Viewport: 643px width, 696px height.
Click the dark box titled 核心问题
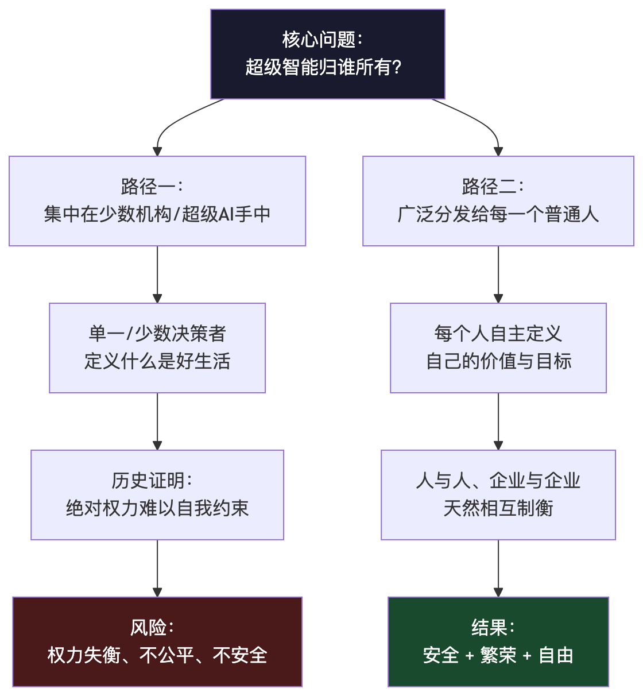(x=328, y=54)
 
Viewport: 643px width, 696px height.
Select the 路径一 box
(x=157, y=201)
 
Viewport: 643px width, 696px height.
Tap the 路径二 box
(x=498, y=201)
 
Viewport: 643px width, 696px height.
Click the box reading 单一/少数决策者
(x=157, y=347)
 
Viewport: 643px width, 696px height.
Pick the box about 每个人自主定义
(x=498, y=347)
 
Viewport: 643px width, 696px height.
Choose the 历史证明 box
(x=157, y=495)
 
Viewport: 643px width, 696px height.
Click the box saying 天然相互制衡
(x=498, y=495)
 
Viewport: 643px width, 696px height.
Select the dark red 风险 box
(x=157, y=641)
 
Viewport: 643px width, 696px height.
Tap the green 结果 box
(x=498, y=641)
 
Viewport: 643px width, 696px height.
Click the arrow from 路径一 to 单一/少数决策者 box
(x=157, y=274)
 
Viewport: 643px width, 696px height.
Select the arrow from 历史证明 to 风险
(x=157, y=569)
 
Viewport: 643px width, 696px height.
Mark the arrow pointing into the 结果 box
(x=498, y=569)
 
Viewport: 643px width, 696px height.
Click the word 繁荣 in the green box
(x=498, y=655)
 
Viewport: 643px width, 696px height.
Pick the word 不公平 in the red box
(x=166, y=655)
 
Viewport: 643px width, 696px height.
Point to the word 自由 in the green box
(x=556, y=655)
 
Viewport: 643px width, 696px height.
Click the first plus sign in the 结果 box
(x=470, y=656)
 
